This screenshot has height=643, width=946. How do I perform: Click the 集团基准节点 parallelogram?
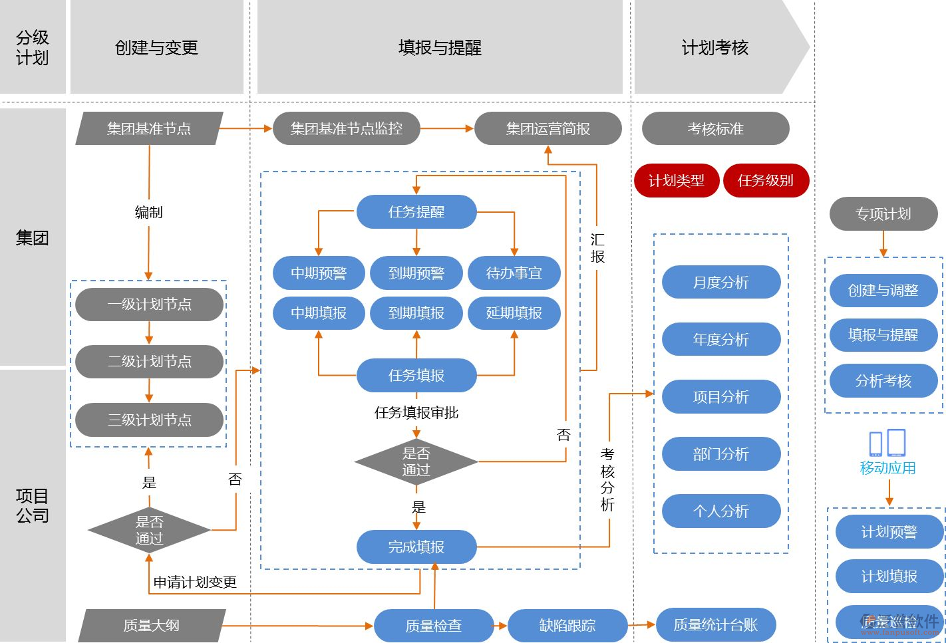pos(149,128)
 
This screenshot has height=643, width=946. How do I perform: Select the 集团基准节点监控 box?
pos(346,128)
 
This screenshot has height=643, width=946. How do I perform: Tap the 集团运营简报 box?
pos(548,128)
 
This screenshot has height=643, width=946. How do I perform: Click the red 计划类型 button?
pos(676,180)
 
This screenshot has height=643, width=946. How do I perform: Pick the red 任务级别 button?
pos(765,180)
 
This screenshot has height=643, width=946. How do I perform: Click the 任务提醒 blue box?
pos(416,212)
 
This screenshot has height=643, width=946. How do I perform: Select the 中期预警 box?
pos(319,273)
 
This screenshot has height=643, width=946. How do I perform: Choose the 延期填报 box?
pos(514,313)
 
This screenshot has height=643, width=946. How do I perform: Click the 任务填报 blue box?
pos(416,376)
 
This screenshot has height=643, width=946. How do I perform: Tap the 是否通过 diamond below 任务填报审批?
pos(416,461)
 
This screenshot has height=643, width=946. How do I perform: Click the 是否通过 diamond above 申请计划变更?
pos(149,530)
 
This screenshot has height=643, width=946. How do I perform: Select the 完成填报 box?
pos(416,547)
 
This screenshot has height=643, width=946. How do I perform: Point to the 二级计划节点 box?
pos(149,362)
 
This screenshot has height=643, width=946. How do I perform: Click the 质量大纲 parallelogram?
pos(151,625)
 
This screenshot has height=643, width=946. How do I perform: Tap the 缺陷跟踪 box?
pos(567,625)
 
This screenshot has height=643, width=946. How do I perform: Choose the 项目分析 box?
pos(720,397)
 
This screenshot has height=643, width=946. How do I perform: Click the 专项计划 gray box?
pos(883,214)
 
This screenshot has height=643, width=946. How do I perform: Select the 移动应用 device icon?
pos(887,443)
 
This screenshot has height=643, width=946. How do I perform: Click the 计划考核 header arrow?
pos(715,47)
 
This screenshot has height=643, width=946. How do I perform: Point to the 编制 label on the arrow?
pos(148,212)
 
